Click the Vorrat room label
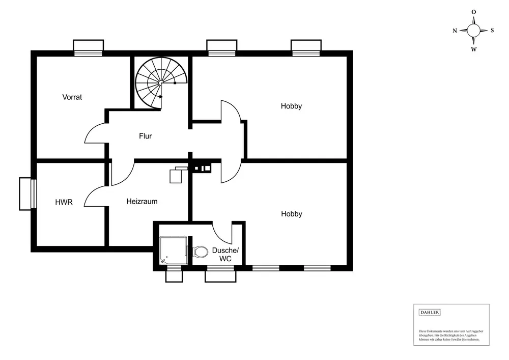click(x=72, y=97)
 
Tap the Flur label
click(x=146, y=136)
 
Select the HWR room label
click(x=64, y=202)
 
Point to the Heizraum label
click(x=142, y=201)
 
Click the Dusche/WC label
click(x=225, y=255)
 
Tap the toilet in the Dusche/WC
click(x=200, y=252)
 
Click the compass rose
click(x=473, y=30)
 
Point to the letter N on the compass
click(x=455, y=31)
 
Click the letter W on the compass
click(x=473, y=49)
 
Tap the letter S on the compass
click(x=492, y=30)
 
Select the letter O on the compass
click(x=473, y=12)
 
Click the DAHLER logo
click(x=429, y=312)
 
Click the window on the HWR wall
click(x=26, y=193)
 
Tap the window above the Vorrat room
click(x=89, y=48)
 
